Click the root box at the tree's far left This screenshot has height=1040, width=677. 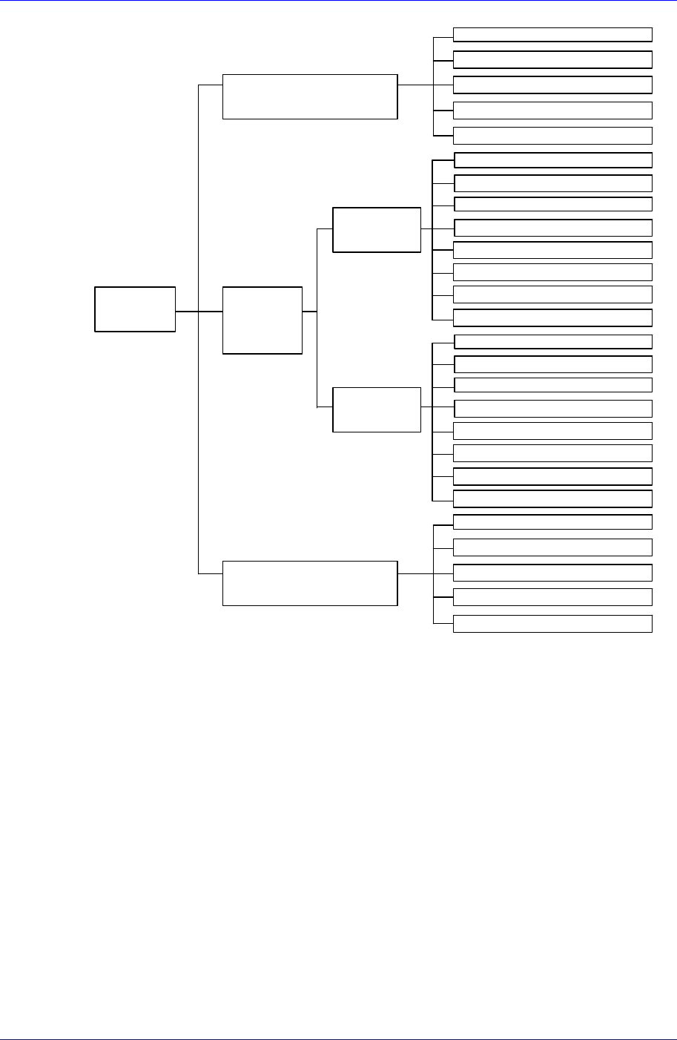point(135,309)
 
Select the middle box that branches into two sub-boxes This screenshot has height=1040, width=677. point(262,320)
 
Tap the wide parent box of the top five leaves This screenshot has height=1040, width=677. point(310,96)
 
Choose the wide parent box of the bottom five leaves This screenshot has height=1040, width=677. point(310,583)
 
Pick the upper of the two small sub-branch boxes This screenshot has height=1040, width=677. point(377,230)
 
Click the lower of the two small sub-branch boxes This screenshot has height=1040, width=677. point(377,409)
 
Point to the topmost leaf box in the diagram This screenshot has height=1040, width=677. point(552,34)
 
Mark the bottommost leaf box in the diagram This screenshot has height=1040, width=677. point(552,624)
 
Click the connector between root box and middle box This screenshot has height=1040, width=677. point(199,312)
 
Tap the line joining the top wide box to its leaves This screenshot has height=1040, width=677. point(415,85)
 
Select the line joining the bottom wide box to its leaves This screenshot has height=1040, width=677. point(415,573)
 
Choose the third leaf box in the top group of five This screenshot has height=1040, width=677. point(552,85)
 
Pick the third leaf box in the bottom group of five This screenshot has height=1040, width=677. point(552,573)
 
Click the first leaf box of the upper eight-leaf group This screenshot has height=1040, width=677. point(552,160)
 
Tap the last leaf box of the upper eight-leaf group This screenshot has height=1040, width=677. point(552,318)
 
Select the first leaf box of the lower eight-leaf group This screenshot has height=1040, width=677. point(552,341)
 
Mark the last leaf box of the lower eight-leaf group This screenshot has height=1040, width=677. point(552,498)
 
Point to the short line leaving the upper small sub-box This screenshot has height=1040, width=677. point(426,229)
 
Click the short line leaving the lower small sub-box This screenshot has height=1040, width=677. point(426,407)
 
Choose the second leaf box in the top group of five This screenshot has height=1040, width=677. point(552,60)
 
